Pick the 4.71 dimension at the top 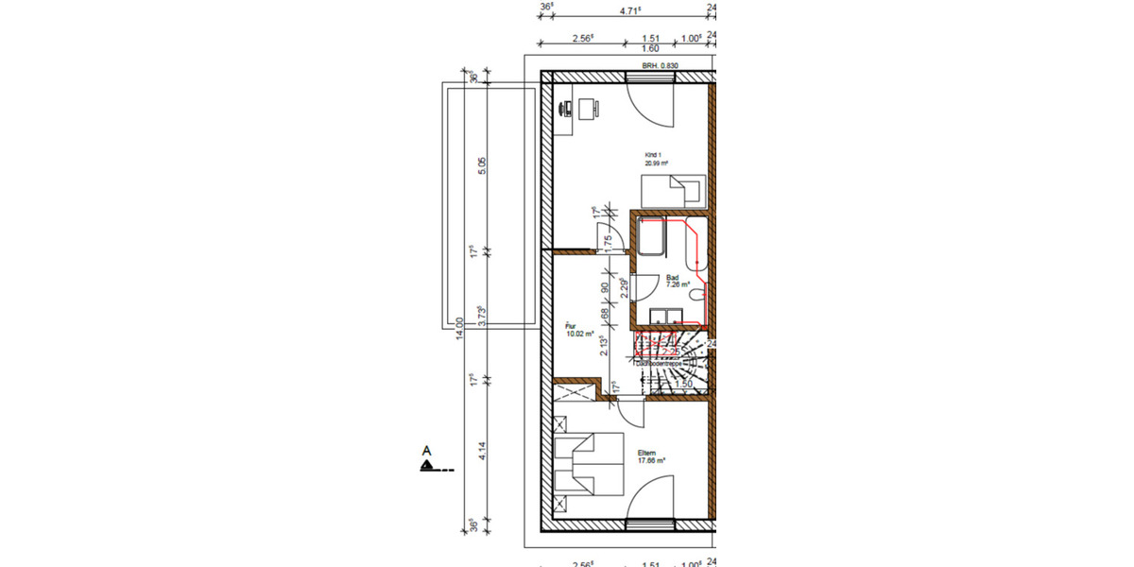(629, 10)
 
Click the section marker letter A (427, 451)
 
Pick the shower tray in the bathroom (652, 235)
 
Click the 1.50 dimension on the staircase (684, 385)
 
